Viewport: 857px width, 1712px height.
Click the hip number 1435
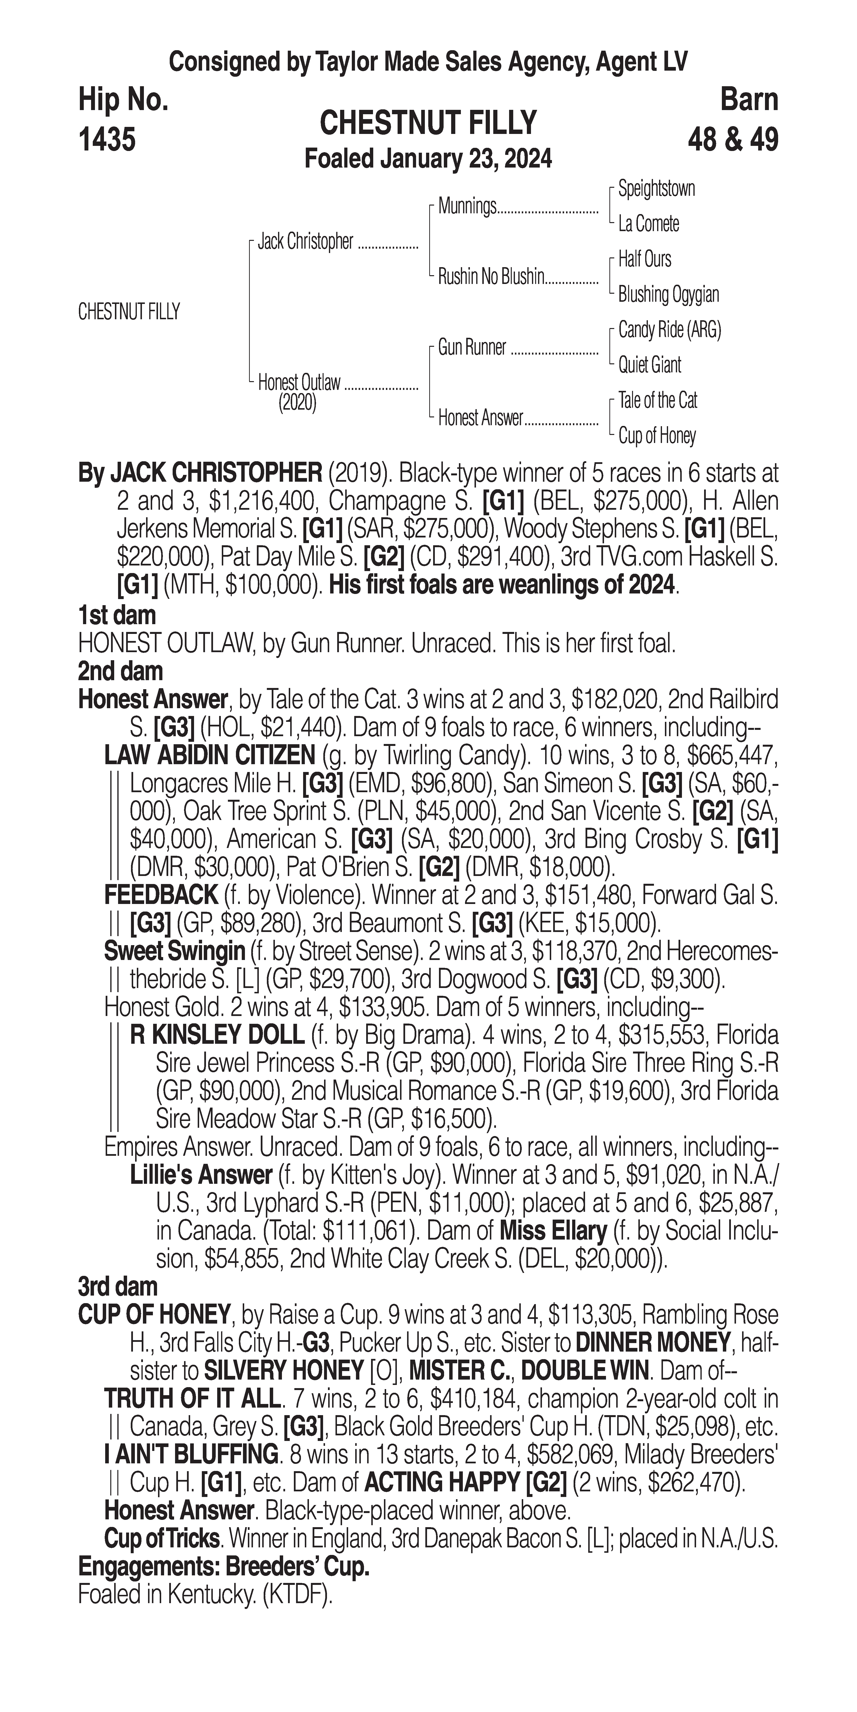pos(107,140)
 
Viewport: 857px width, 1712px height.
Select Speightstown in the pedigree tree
pos(656,189)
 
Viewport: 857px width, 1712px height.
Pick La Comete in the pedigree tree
pos(648,224)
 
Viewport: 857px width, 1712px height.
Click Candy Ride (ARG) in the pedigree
pos(669,330)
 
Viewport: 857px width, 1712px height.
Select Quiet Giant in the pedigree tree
pos(650,365)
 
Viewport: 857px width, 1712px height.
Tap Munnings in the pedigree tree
pos(467,207)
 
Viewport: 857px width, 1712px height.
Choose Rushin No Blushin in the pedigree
pos(491,277)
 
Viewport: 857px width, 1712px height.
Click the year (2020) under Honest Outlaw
pos(297,403)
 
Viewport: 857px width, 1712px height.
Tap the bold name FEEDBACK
pos(161,895)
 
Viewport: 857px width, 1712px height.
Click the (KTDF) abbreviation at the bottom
pos(298,1595)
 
